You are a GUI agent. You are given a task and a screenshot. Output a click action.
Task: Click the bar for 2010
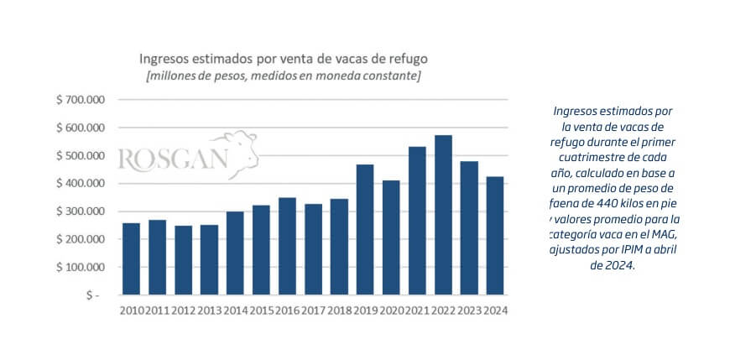coord(131,258)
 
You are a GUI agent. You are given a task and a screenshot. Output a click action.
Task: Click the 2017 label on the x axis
coord(313,310)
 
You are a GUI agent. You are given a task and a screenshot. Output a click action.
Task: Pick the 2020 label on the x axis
coord(391,310)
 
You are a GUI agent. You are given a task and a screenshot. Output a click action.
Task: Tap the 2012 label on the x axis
coord(183,310)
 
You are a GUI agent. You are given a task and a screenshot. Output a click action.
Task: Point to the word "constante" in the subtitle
coord(391,76)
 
